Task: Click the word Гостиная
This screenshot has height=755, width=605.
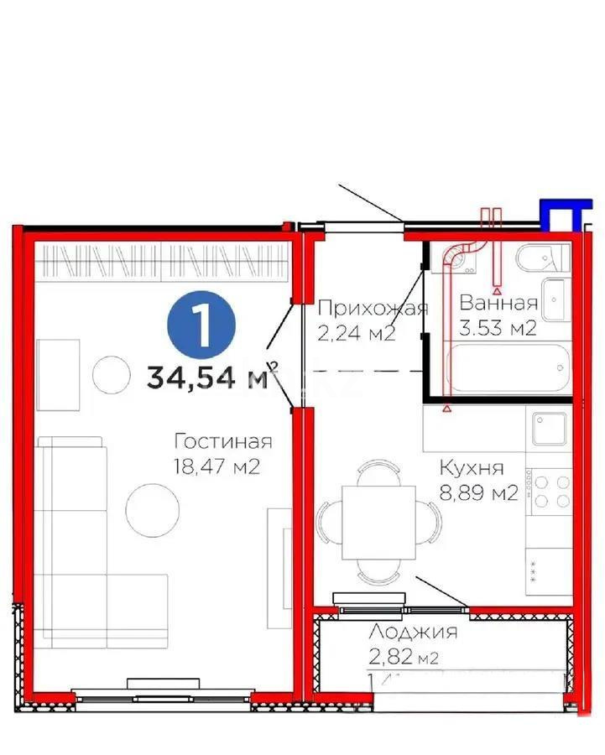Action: coord(223,441)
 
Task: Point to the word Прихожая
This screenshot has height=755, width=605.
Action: coord(373,308)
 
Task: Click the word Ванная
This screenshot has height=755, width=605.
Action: coord(498,304)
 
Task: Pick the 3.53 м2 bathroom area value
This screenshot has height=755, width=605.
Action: coord(498,328)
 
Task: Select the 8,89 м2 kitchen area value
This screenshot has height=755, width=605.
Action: coord(478,493)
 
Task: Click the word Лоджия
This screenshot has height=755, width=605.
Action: coord(414,633)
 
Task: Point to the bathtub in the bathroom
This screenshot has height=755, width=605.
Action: coord(509,370)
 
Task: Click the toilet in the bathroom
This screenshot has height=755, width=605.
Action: coord(540,258)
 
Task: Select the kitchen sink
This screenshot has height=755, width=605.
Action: coord(549,428)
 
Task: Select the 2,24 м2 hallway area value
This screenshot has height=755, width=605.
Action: coord(356,334)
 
